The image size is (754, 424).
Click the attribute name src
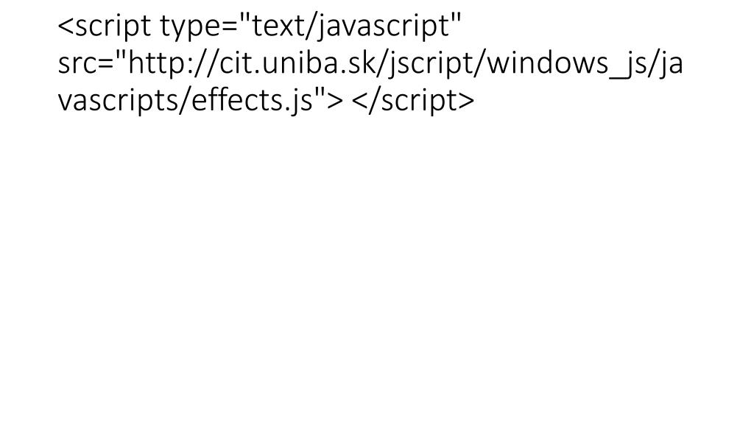coord(76,64)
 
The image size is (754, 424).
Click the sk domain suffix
coord(331,64)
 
